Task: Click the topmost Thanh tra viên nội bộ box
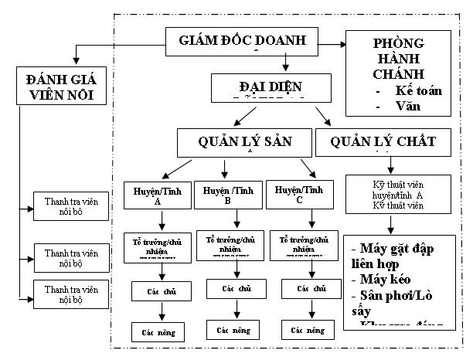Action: tap(72, 206)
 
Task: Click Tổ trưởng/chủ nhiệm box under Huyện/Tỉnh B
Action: tap(229, 243)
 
